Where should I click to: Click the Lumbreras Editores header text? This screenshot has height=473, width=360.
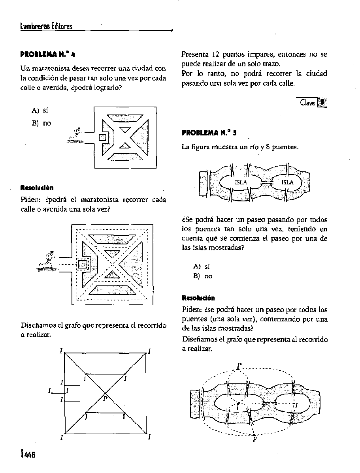pos(46,27)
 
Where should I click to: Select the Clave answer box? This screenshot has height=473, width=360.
pos(312,102)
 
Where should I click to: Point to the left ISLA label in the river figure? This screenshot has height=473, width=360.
pos(241,182)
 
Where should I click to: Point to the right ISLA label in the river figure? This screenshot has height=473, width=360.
pos(287,182)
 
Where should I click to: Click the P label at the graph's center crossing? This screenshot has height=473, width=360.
pos(105,399)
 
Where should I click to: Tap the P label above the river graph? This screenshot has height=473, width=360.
pos(239,365)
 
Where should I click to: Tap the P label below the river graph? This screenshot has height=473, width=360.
pos(254,439)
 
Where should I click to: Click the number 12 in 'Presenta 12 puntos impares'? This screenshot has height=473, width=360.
pos(215,54)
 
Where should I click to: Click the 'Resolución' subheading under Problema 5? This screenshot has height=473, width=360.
pos(198,298)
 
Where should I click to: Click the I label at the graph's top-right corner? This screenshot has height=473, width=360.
pos(149,351)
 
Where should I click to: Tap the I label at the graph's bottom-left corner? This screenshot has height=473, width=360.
pos(62,437)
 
